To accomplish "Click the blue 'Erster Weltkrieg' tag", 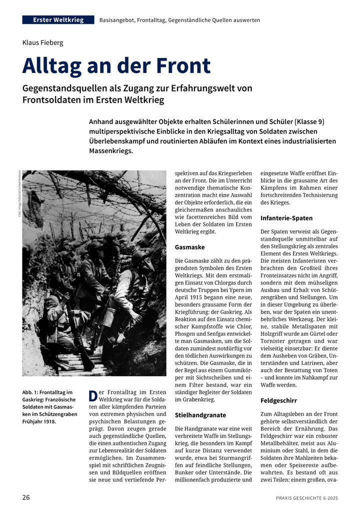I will click(58, 20).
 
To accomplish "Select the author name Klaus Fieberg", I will click(42, 43).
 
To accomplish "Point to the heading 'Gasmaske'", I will click(189, 247).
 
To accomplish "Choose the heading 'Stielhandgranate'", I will click(200, 415).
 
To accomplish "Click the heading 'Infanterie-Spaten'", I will click(286, 218).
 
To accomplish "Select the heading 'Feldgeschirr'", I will click(278, 400).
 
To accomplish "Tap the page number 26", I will click(26, 497).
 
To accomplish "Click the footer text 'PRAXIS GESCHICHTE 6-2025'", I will click(306, 498).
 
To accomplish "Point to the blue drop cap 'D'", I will click(92, 396).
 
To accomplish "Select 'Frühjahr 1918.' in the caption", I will click(39, 421).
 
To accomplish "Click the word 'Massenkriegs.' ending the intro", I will click(111, 150).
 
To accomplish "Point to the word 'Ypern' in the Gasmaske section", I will click(238, 291).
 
